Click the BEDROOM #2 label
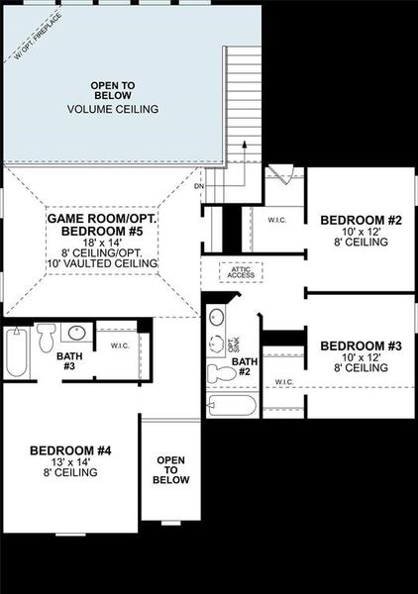pos(354,220)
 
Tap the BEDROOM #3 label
pos(361,346)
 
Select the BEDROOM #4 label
pos(70,450)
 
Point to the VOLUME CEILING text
pos(113,109)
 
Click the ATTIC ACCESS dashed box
pos(242,272)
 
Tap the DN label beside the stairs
pos(198,185)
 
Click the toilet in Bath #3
pos(46,340)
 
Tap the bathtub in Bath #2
pos(233,405)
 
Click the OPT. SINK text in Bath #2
pos(235,346)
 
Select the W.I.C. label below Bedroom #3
pos(283,381)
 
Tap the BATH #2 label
pos(245,367)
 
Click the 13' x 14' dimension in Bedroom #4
pos(70,462)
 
